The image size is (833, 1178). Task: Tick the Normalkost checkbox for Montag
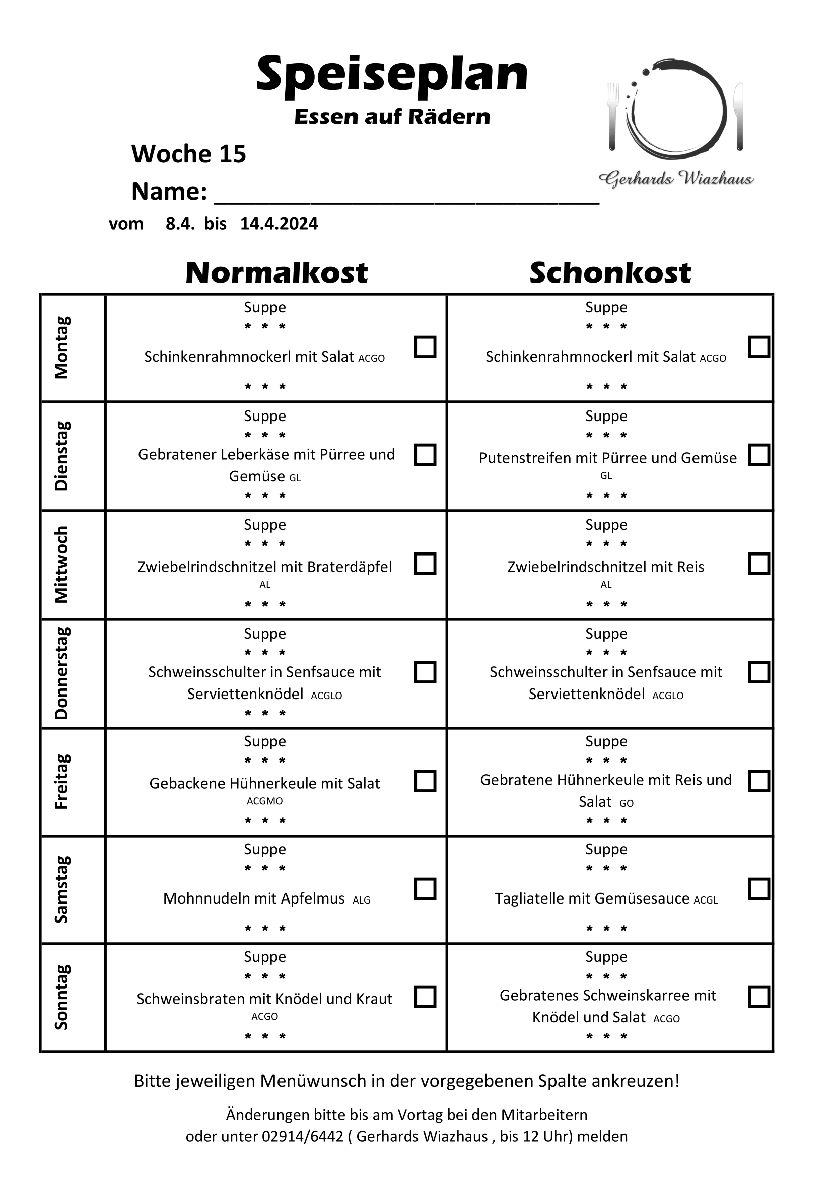click(425, 347)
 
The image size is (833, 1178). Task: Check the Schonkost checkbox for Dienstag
click(758, 455)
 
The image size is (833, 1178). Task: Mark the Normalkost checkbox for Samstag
click(425, 888)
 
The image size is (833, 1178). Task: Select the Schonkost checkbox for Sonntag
click(758, 996)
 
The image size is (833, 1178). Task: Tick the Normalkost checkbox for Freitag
click(425, 781)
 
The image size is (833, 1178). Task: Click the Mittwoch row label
click(61, 565)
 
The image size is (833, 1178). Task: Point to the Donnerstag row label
click(61, 673)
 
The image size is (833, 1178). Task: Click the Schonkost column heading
click(610, 272)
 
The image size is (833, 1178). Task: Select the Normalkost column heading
click(276, 272)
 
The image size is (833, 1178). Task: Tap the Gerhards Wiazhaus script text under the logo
click(676, 179)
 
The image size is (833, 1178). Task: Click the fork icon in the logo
click(612, 116)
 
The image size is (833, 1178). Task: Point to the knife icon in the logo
click(739, 116)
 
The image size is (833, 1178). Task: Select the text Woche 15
click(189, 154)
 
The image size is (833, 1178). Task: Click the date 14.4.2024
click(279, 224)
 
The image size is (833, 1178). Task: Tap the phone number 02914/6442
click(303, 1136)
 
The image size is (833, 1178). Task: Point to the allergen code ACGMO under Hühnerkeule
click(265, 801)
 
